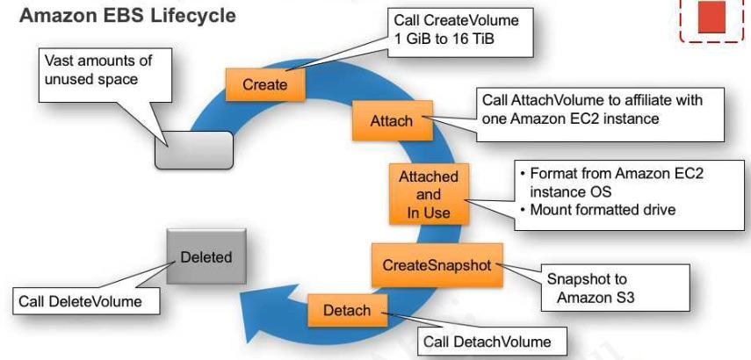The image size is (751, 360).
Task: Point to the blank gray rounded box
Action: [194, 150]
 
